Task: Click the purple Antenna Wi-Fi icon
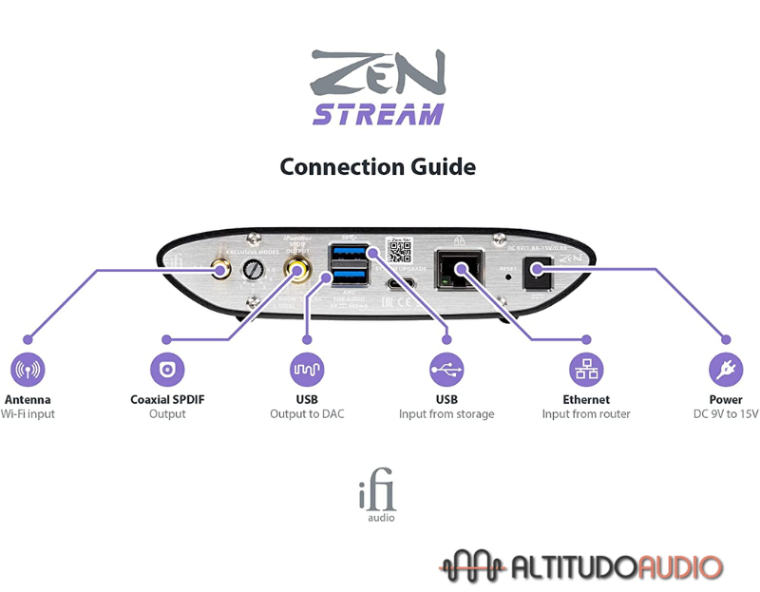coord(28,369)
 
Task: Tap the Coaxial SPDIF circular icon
coord(167,369)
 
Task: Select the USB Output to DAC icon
coord(307,369)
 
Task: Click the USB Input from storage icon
coord(446,369)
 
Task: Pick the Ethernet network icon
coord(586,369)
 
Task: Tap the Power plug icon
coord(726,369)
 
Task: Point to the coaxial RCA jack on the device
coord(300,274)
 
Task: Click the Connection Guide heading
coord(377,167)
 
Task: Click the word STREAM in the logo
coord(377,115)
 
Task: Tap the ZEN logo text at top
coord(377,71)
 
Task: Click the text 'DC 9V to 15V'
coord(726,414)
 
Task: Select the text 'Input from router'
coord(586,414)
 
